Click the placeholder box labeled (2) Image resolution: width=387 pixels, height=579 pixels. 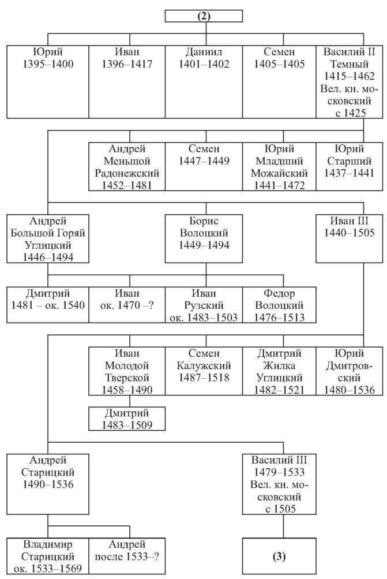coord(204,16)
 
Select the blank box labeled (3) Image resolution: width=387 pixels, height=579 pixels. coord(279,556)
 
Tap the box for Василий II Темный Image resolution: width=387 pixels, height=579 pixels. coord(349,82)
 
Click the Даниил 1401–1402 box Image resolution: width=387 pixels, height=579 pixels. coord(204,82)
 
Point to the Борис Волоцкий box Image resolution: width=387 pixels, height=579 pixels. coord(204,238)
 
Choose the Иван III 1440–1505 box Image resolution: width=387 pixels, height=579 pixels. coord(349,238)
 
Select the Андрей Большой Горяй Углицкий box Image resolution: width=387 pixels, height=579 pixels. coord(48,238)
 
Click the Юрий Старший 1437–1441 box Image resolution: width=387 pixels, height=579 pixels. coord(349,166)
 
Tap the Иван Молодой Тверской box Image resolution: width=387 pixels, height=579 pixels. coord(127,371)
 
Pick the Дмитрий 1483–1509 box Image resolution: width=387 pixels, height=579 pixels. coord(127,419)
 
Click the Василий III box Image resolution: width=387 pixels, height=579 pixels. coord(279,484)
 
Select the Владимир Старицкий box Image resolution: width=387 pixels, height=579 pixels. coord(48,556)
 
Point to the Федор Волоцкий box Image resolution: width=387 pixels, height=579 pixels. coord(279,305)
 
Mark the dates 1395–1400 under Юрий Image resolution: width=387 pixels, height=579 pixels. coord(48,64)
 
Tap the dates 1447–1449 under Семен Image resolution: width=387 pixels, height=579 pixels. coord(204,161)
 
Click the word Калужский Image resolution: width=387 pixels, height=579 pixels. coord(204,365)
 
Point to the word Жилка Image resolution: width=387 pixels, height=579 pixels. coord(279,365)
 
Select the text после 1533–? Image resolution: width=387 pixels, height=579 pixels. coord(127,556)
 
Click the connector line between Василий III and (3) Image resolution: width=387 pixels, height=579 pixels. coord(283,526)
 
